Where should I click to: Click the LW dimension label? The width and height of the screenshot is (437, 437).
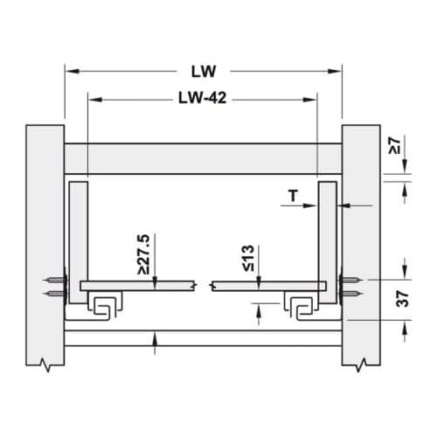(x=204, y=72)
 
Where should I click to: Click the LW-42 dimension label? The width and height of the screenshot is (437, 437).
(x=202, y=98)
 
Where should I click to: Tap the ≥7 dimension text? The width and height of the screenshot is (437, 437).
(x=395, y=146)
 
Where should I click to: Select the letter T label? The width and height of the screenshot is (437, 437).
(x=294, y=196)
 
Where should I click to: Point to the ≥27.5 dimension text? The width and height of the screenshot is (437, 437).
(x=143, y=254)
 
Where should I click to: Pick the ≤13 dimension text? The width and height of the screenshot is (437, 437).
(x=248, y=258)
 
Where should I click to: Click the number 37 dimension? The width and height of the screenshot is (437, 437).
(x=403, y=298)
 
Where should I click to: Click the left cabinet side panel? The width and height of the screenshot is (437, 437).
(x=45, y=245)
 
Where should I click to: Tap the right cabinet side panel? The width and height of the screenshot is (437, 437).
(x=361, y=245)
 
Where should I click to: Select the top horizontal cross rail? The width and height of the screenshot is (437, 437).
(x=203, y=159)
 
